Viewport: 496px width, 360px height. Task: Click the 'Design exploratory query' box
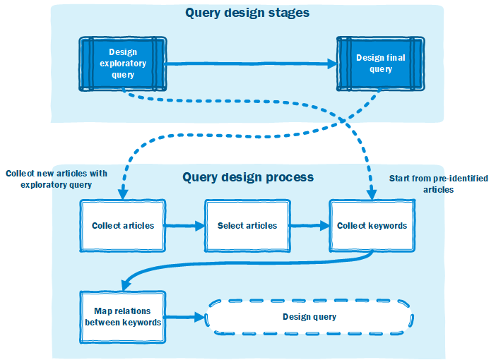[123, 64]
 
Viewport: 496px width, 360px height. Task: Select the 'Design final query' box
[381, 64]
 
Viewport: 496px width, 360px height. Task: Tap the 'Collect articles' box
[123, 225]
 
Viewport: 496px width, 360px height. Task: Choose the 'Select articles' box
[247, 225]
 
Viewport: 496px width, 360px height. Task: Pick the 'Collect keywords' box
[372, 225]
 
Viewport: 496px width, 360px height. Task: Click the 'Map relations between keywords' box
[123, 317]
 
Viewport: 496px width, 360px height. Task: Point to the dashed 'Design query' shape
[309, 317]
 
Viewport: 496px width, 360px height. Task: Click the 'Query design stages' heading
[247, 13]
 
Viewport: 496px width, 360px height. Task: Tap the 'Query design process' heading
[248, 177]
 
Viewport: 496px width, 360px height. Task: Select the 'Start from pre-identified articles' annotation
[439, 184]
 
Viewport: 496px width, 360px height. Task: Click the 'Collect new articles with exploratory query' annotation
[57, 179]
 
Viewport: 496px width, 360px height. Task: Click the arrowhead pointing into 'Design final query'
[332, 64]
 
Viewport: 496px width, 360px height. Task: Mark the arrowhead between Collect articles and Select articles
[200, 226]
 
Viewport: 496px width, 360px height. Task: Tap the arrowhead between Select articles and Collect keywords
[325, 226]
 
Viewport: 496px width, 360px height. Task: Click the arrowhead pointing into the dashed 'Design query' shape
[200, 317]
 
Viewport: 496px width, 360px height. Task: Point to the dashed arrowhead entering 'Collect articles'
[123, 194]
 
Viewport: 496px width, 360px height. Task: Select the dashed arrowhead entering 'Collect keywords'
[372, 194]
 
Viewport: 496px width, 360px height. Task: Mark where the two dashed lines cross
[343, 121]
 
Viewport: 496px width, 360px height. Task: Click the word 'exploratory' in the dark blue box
[123, 64]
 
